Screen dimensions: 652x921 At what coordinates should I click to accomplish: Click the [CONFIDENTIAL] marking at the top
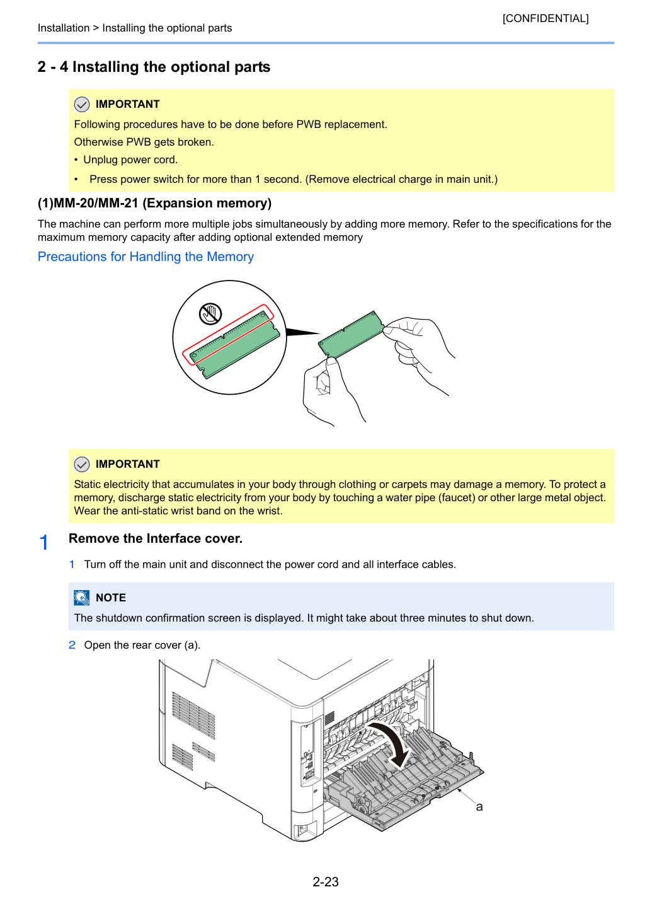tap(545, 18)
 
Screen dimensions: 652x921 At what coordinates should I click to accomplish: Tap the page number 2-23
tap(326, 881)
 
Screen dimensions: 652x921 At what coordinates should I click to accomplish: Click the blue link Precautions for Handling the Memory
tap(146, 257)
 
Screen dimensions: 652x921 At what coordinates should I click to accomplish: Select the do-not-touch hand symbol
tap(210, 314)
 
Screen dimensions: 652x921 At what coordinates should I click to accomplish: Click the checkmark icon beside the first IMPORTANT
tap(82, 105)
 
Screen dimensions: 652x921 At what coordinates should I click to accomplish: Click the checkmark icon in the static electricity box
tap(82, 464)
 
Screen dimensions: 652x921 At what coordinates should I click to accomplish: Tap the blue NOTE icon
tap(82, 598)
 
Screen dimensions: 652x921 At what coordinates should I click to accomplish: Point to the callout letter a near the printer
tap(479, 807)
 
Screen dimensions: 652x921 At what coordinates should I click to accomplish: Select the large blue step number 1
tap(44, 542)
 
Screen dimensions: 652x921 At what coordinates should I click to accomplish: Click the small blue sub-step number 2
tap(72, 645)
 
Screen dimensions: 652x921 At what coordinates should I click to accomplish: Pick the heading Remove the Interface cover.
tap(156, 538)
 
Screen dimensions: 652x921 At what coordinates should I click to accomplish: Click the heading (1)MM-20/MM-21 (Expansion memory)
tap(154, 203)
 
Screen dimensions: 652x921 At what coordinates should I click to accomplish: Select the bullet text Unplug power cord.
tap(130, 159)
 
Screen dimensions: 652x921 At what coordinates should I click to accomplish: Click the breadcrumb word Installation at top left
tap(64, 28)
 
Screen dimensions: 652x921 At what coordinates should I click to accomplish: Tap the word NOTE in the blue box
tap(111, 598)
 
